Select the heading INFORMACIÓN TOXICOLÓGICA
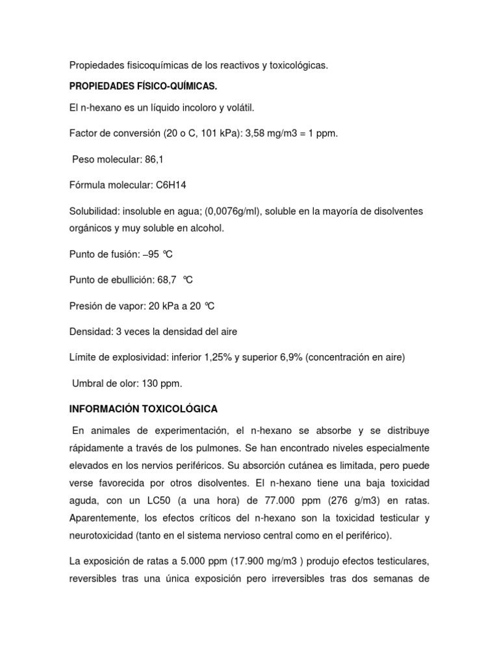click(x=144, y=408)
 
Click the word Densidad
click(x=90, y=332)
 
